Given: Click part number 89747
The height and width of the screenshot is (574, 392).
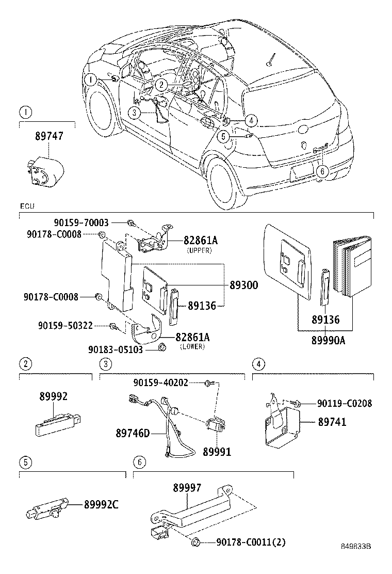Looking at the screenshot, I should (x=49, y=136).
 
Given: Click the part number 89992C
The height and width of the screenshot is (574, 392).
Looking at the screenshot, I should (x=101, y=504).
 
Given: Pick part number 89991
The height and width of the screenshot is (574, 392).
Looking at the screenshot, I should (x=216, y=452).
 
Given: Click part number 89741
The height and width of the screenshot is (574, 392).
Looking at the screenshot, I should (x=332, y=422).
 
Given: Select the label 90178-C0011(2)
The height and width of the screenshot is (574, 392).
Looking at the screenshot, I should (x=251, y=542).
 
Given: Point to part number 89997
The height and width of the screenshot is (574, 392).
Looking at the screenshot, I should (x=187, y=487).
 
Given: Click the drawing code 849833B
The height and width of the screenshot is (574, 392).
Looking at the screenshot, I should (x=356, y=561).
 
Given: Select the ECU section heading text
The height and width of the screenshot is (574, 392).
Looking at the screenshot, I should (x=27, y=206).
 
